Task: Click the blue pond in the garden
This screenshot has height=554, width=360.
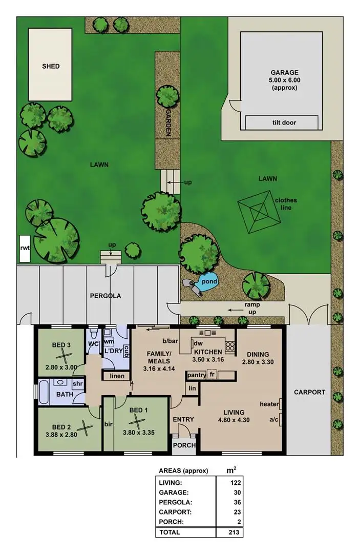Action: pos(208,281)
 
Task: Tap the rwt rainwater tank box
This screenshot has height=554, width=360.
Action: pos(24,249)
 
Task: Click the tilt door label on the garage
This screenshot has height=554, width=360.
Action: pos(284,122)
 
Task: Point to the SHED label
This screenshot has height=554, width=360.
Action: pos(51,66)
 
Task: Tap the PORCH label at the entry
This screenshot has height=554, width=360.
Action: pos(184,445)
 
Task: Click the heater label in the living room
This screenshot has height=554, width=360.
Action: pos(269,404)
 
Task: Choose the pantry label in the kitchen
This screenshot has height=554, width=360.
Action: pos(196,375)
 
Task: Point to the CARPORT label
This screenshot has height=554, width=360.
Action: pos(309,392)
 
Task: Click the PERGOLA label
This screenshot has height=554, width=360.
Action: pos(105,296)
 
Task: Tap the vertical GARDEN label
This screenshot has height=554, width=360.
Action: pos(167,123)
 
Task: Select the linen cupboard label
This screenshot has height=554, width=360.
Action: pos(117,376)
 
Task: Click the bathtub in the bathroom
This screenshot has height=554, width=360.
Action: pos(43,393)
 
